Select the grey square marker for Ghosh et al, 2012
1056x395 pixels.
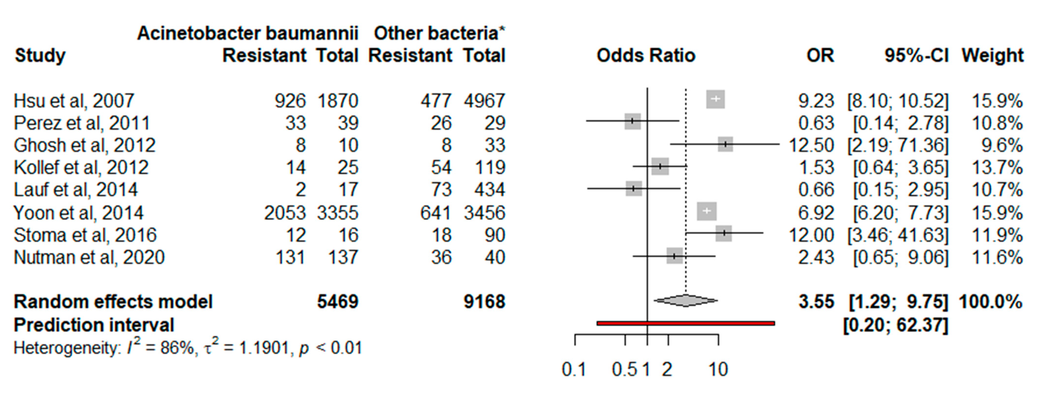pyautogui.click(x=725, y=144)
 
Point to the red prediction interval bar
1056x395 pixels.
pyautogui.click(x=686, y=323)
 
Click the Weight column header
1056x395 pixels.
pyautogui.click(x=992, y=55)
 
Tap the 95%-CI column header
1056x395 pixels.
pyautogui.click(x=916, y=55)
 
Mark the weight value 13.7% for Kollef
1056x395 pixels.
pyautogui.click(x=997, y=167)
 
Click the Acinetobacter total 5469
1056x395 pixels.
pyautogui.click(x=337, y=302)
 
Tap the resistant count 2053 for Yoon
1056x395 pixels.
pyautogui.click(x=285, y=213)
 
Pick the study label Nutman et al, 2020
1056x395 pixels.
pyautogui.click(x=89, y=258)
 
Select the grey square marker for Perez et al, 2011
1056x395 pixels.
pyautogui.click(x=632, y=121)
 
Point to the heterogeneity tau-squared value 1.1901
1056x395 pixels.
pyautogui.click(x=264, y=348)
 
